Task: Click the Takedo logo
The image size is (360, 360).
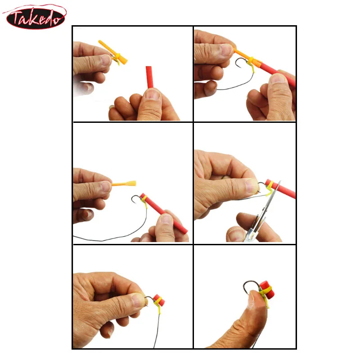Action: [x=35, y=17]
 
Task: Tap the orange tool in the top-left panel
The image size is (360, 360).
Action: [x=113, y=52]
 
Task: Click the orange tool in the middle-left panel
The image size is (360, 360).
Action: [x=124, y=184]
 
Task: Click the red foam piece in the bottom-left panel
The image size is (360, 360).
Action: [x=159, y=299]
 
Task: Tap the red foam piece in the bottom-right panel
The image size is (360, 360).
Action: [x=267, y=288]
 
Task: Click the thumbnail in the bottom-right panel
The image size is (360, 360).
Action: [x=252, y=298]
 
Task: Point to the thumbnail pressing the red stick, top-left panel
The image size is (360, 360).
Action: [x=153, y=94]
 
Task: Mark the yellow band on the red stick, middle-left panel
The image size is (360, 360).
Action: [x=144, y=200]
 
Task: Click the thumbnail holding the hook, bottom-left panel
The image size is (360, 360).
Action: [x=138, y=300]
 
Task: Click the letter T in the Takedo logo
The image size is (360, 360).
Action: [x=16, y=17]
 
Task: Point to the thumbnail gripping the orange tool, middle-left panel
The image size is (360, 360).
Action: [x=105, y=186]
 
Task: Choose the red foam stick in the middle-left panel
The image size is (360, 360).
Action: [x=164, y=213]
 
